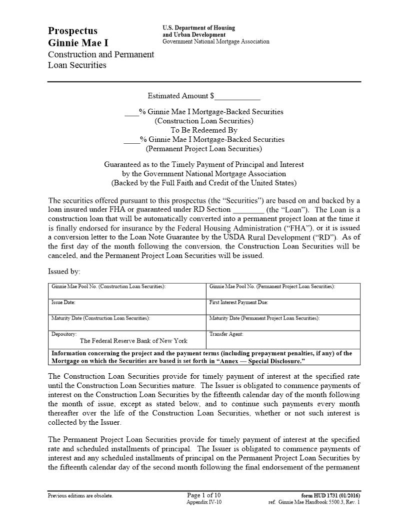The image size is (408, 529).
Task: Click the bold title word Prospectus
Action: coord(72,31)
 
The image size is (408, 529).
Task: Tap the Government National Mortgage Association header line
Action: coord(215,42)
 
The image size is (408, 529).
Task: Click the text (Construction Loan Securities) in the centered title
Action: coord(204,121)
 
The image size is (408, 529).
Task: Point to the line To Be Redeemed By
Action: coord(204,130)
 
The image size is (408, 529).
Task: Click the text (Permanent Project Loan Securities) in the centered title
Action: coord(204,149)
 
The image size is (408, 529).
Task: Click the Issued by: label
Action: coord(64,272)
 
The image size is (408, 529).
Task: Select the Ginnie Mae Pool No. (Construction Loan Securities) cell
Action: coord(127,291)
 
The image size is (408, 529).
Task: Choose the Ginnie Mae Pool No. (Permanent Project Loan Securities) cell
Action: coord(283,291)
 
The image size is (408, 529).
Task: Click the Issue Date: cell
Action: coord(127,307)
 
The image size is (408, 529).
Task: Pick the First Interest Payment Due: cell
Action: coord(283,307)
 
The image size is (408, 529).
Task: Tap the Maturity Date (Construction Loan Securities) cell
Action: coord(127,322)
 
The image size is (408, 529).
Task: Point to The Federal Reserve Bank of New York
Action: coord(133,341)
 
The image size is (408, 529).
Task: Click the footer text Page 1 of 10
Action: coord(203,495)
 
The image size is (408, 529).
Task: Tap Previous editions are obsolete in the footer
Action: coord(80,496)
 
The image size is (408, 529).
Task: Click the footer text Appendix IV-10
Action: coord(203,502)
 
